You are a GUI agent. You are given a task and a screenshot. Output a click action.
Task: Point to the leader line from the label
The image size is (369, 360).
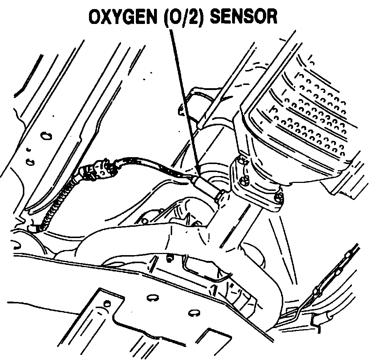[x=183, y=98]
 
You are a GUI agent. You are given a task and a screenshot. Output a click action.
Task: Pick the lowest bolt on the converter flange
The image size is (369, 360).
[x=279, y=197]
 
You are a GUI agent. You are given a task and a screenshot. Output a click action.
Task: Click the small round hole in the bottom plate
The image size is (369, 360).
[x=107, y=303]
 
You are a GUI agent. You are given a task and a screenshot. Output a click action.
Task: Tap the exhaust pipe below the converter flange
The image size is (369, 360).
[x=232, y=232]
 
